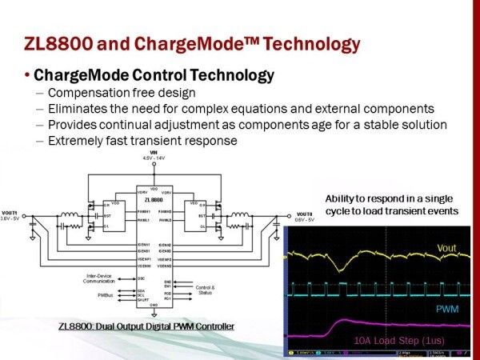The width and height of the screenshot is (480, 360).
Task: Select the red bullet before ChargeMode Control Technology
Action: [28, 76]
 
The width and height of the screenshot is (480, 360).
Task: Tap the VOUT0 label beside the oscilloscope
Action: [303, 214]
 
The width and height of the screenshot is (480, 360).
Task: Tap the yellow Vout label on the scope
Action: [446, 249]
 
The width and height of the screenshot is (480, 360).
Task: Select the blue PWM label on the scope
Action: [446, 309]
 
